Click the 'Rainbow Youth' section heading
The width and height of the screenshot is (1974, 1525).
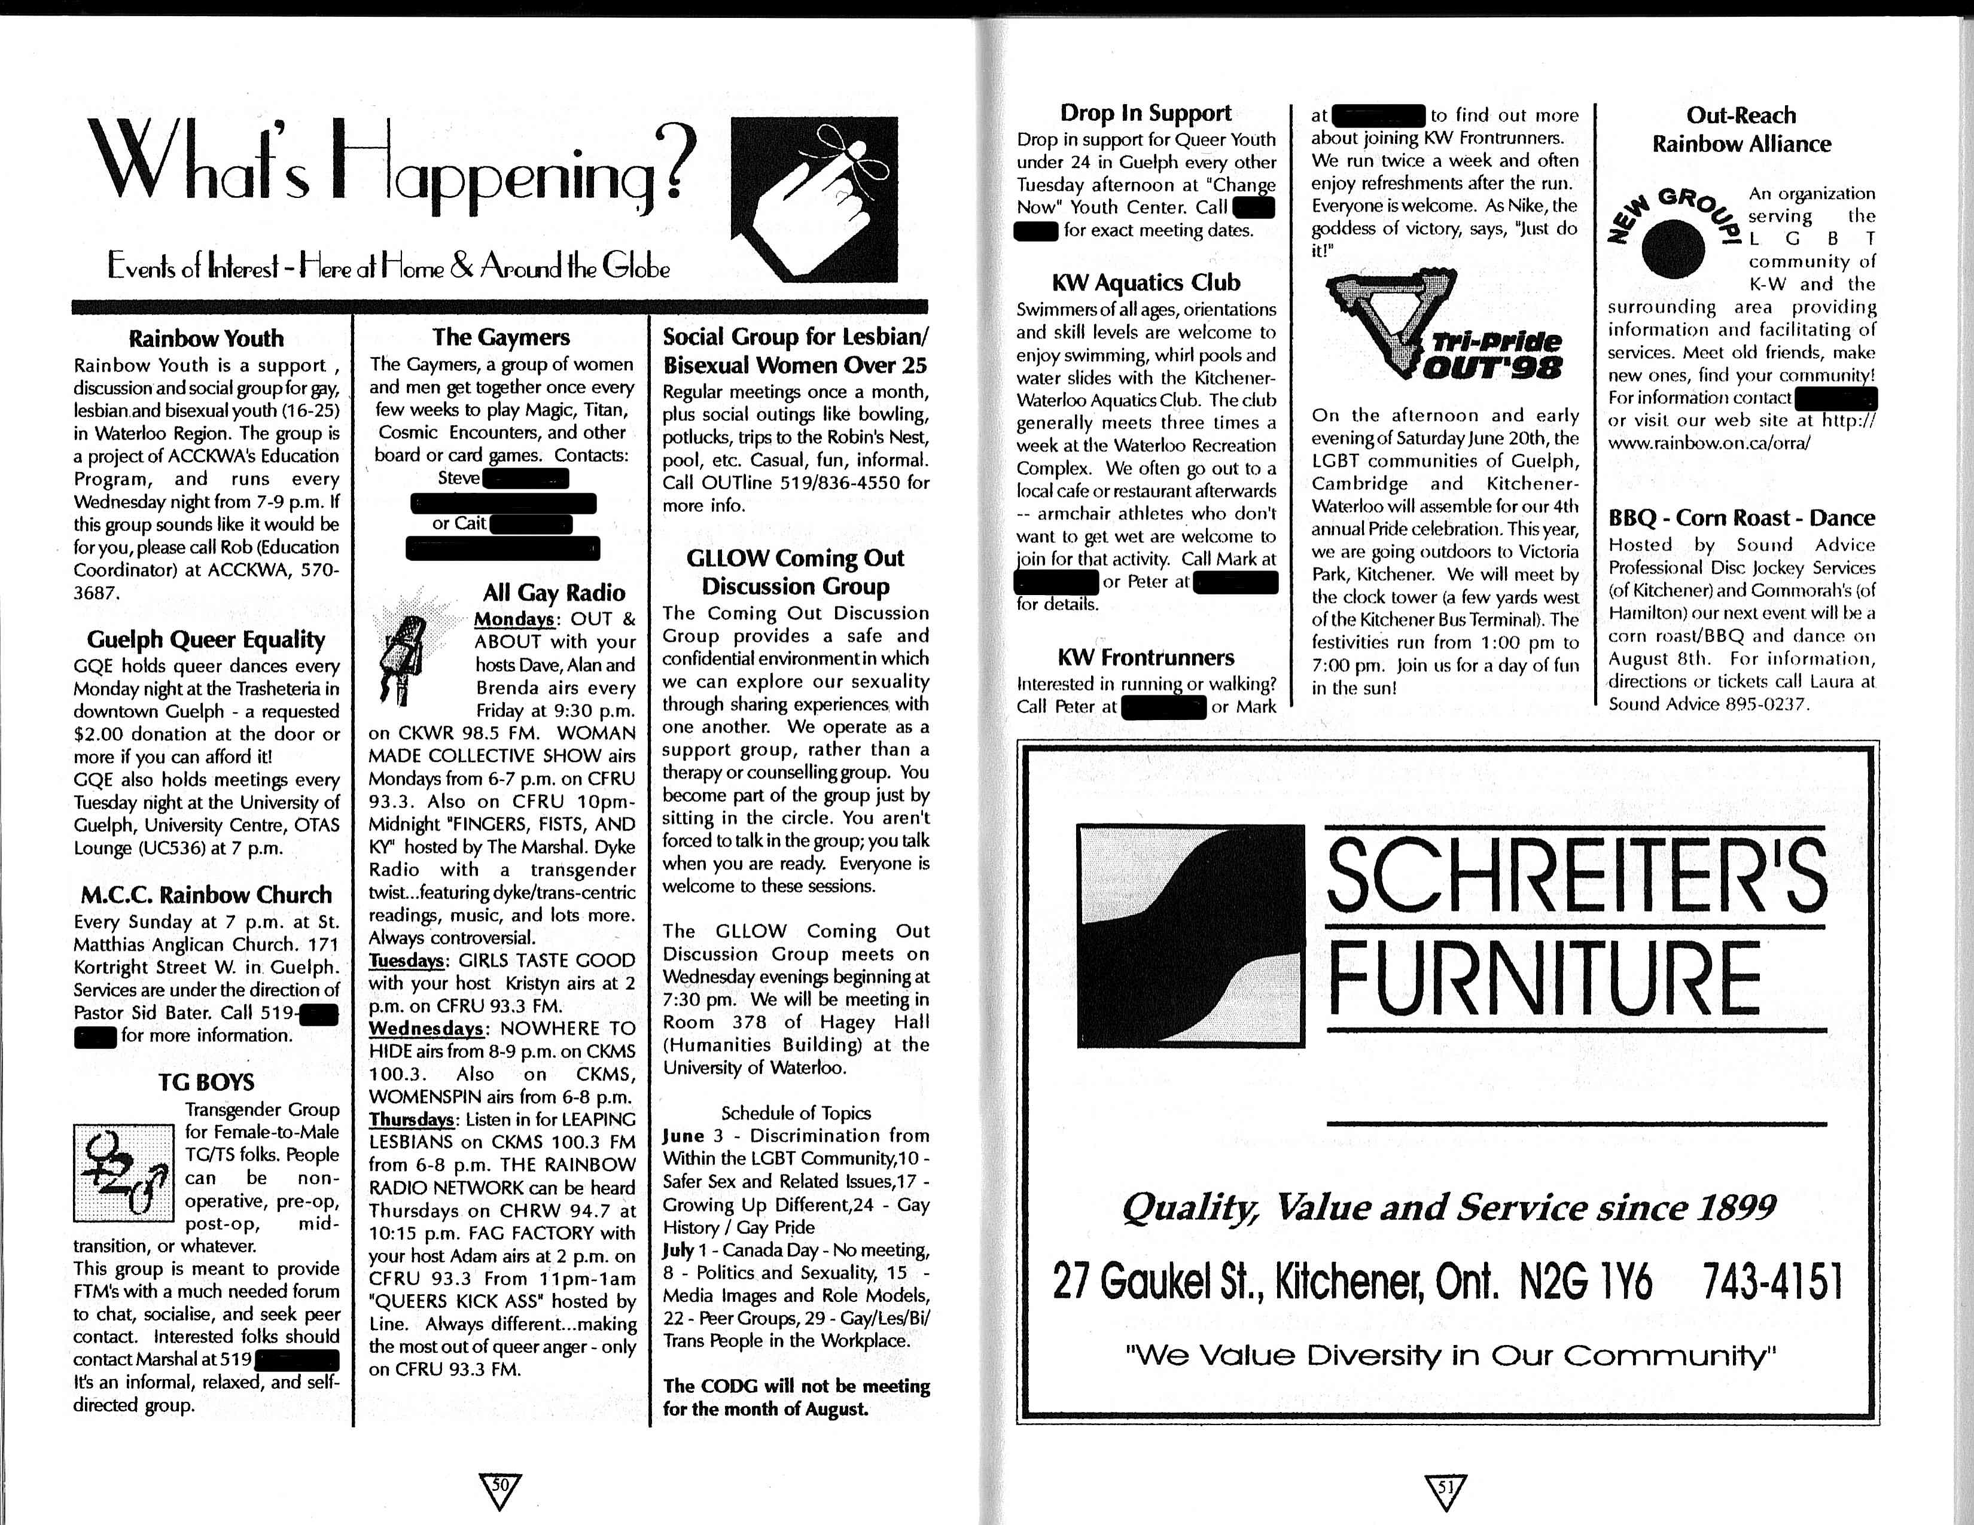tap(206, 338)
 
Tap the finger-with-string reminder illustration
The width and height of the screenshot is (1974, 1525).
tap(814, 199)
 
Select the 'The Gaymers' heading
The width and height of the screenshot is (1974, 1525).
tap(501, 337)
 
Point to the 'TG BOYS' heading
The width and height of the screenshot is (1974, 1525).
tap(206, 1082)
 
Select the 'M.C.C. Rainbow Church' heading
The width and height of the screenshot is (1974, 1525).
tap(206, 895)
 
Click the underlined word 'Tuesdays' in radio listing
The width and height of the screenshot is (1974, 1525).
tap(407, 960)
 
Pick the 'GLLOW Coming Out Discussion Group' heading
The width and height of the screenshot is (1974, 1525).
tap(796, 572)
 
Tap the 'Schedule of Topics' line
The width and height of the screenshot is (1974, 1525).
tap(796, 1113)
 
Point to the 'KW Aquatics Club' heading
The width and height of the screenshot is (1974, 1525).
tap(1146, 283)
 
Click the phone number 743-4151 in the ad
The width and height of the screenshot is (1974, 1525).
tap(1772, 1281)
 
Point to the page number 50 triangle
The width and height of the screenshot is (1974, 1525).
tap(498, 1491)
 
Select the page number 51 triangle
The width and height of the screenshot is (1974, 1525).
tap(1445, 1491)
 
